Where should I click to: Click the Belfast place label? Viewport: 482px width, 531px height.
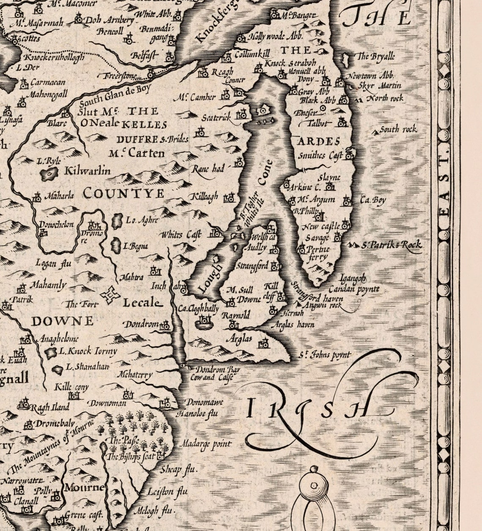(144, 56)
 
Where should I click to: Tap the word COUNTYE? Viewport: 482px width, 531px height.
(123, 193)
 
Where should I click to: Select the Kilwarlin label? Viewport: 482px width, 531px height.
(88, 171)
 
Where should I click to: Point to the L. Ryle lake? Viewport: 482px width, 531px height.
(49, 172)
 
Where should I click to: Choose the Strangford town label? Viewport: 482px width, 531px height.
(252, 266)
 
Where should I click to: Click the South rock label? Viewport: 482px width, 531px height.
(398, 130)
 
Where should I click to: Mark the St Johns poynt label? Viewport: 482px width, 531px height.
(324, 355)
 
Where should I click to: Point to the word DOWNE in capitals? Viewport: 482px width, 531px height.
(62, 321)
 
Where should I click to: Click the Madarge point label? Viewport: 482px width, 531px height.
(205, 444)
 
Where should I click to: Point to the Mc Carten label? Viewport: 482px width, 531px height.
(136, 153)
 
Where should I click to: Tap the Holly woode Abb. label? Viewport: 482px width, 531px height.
(275, 36)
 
